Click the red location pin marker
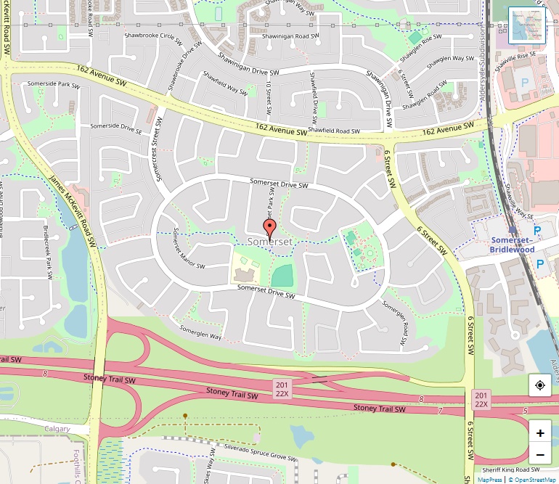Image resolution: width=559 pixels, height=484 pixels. click(x=270, y=230)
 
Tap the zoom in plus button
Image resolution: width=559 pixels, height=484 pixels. click(x=540, y=433)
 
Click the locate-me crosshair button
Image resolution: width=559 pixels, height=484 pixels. click(x=540, y=385)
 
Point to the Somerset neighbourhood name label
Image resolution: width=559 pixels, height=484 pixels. click(x=270, y=241)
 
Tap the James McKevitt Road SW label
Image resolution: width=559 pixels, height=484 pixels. click(x=71, y=210)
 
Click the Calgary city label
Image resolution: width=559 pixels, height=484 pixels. click(x=57, y=429)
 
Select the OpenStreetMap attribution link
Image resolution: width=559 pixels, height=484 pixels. click(x=533, y=479)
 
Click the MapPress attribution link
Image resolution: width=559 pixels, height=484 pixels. click(x=490, y=479)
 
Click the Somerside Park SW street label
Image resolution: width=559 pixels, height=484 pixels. click(x=52, y=84)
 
